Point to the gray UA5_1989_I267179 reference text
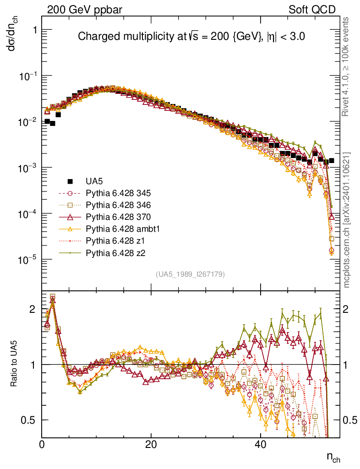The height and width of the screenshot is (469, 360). click(x=190, y=274)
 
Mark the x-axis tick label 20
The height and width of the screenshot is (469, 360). click(x=151, y=444)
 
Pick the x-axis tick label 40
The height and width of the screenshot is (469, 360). click(x=260, y=444)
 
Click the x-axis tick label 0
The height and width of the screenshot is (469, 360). click(x=42, y=444)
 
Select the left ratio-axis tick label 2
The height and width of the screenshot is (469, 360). click(x=32, y=309)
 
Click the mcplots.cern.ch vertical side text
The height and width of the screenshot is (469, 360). click(x=347, y=220)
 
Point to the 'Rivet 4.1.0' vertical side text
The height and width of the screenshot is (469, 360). click(x=347, y=66)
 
